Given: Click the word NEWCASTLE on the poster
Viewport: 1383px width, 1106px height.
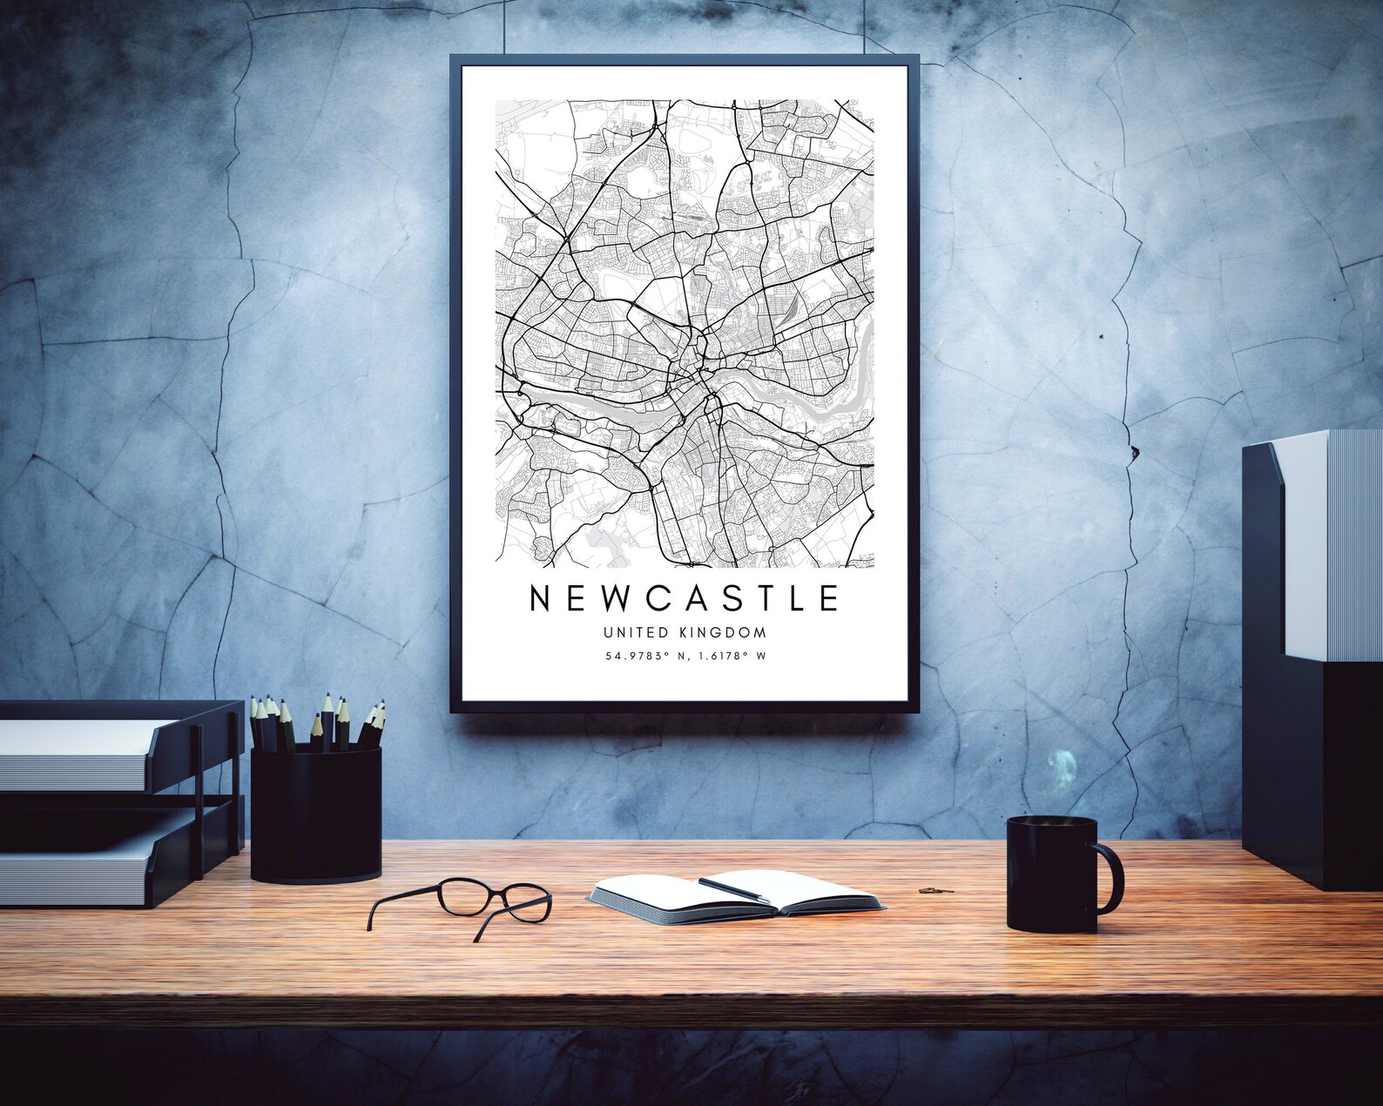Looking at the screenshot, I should [x=684, y=597].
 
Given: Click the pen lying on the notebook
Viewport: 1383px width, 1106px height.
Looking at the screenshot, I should [x=733, y=888].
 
